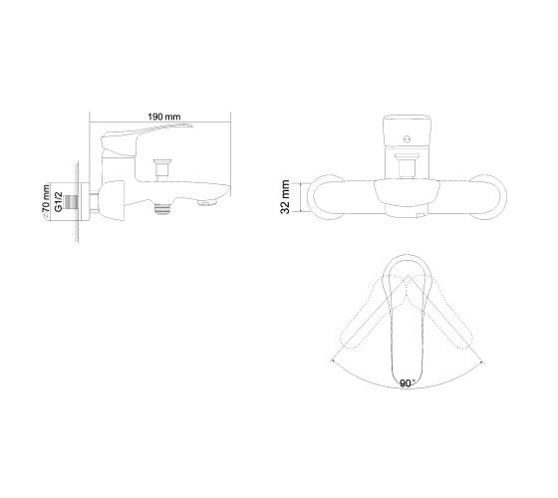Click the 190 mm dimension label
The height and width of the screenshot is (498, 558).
pos(164,117)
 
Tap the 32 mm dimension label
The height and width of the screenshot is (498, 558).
pos(285,197)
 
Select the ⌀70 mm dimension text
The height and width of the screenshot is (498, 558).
pos(46,201)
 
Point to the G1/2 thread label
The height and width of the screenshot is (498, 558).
pos(59,201)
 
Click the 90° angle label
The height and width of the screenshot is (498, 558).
pos(406,383)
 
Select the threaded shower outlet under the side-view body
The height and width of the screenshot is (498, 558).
pos(162,208)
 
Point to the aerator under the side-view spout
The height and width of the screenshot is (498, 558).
pos(207,203)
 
